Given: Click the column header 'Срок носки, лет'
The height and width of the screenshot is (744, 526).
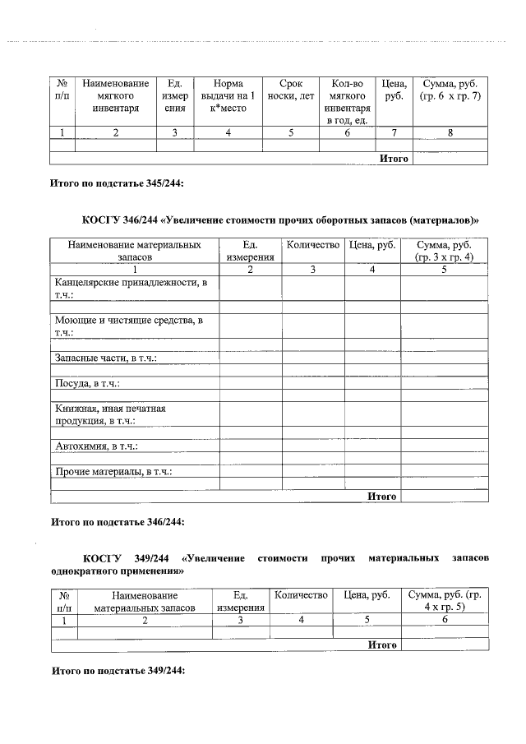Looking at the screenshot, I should click(291, 90).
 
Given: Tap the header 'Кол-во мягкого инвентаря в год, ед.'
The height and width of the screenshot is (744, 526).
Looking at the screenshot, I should click(348, 101).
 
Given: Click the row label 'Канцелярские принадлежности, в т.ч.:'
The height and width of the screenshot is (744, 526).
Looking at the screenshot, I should click(131, 289).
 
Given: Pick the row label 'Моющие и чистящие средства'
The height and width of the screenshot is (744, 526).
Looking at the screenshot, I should click(130, 326).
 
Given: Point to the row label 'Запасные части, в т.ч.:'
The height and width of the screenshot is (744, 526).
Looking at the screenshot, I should click(105, 358).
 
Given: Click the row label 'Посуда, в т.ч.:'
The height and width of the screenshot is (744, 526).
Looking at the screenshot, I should click(87, 383).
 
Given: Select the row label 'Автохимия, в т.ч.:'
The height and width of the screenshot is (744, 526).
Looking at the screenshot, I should click(95, 446).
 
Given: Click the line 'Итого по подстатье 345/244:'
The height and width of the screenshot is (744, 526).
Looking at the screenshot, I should click(118, 183).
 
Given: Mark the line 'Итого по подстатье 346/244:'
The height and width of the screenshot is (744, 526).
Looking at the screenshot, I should click(118, 522).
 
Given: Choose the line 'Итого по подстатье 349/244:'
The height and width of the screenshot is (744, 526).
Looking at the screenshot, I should click(118, 671).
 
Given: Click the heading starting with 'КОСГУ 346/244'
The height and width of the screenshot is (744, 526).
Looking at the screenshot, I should click(280, 220).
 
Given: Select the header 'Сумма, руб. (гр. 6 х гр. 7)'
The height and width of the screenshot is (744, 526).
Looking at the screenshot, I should click(450, 90).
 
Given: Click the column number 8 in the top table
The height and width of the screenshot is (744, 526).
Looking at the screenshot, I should click(450, 132).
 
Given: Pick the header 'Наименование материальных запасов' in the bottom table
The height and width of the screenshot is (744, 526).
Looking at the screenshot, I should click(145, 601).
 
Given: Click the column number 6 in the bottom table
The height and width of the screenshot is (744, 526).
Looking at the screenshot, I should click(445, 621).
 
